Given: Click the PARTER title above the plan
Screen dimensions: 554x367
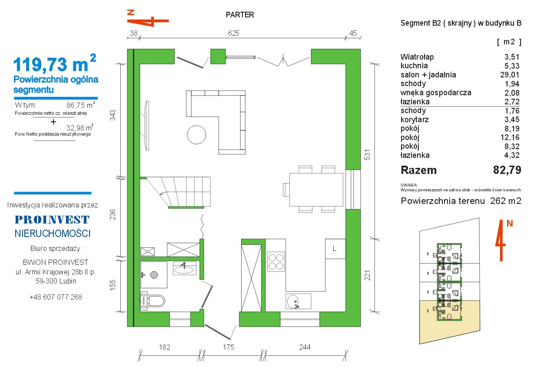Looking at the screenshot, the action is pos(240,15).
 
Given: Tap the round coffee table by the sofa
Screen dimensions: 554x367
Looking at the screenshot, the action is pos(196,135).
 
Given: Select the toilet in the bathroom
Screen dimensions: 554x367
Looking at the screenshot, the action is pos(153,300).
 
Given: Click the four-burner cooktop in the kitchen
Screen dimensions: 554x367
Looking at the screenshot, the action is pos(276,262).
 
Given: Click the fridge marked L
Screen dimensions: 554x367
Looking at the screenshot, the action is pos(335,249).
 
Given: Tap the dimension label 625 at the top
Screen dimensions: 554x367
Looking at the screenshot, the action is pos(233,33).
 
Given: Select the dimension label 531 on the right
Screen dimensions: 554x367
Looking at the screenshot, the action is pos(368,155).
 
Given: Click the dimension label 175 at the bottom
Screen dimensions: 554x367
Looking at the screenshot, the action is pos(228,347).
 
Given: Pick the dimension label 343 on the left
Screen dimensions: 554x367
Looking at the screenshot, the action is pos(113,115).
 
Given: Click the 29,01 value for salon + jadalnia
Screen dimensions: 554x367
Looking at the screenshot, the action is pos(510,75).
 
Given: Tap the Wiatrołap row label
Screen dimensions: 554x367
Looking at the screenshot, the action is pos(417,57).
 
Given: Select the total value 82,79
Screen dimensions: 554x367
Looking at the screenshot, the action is pos(507,170).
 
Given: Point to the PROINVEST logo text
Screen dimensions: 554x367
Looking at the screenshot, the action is pos(52,220).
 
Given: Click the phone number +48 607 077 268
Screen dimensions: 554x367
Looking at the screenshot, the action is pos(56,297).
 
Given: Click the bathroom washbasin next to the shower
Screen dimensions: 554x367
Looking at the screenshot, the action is pos(185,268).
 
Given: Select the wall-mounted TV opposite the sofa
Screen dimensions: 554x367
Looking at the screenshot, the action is pos(147,126).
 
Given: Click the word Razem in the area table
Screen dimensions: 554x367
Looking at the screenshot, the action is pos(418,170).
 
